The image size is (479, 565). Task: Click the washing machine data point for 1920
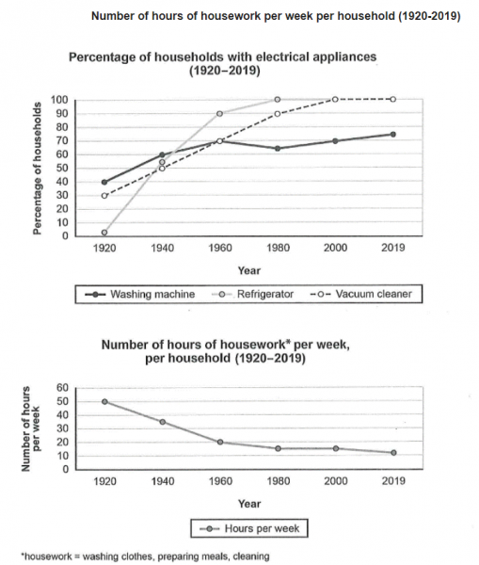click(104, 182)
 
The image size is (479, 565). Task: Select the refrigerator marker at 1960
click(219, 114)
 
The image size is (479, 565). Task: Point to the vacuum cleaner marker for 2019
click(393, 99)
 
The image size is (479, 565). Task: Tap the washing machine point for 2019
click(393, 135)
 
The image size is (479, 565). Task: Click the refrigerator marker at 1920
click(104, 233)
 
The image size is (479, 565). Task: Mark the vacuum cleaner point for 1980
click(278, 114)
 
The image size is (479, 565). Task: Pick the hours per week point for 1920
click(104, 401)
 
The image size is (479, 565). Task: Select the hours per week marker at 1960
click(220, 443)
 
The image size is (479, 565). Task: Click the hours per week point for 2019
click(393, 453)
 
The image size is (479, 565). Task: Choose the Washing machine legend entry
click(140, 295)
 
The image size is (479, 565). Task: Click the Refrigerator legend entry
click(253, 295)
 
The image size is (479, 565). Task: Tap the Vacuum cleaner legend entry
click(360, 294)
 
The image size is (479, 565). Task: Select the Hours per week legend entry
click(249, 528)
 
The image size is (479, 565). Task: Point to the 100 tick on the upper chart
click(59, 100)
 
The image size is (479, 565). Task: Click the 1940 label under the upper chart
click(163, 248)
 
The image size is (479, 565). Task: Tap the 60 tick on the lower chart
click(62, 388)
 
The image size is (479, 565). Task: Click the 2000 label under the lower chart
click(336, 481)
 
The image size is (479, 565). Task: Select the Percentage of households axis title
click(37, 169)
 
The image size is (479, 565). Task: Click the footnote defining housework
click(145, 557)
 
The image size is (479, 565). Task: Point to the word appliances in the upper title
click(344, 56)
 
